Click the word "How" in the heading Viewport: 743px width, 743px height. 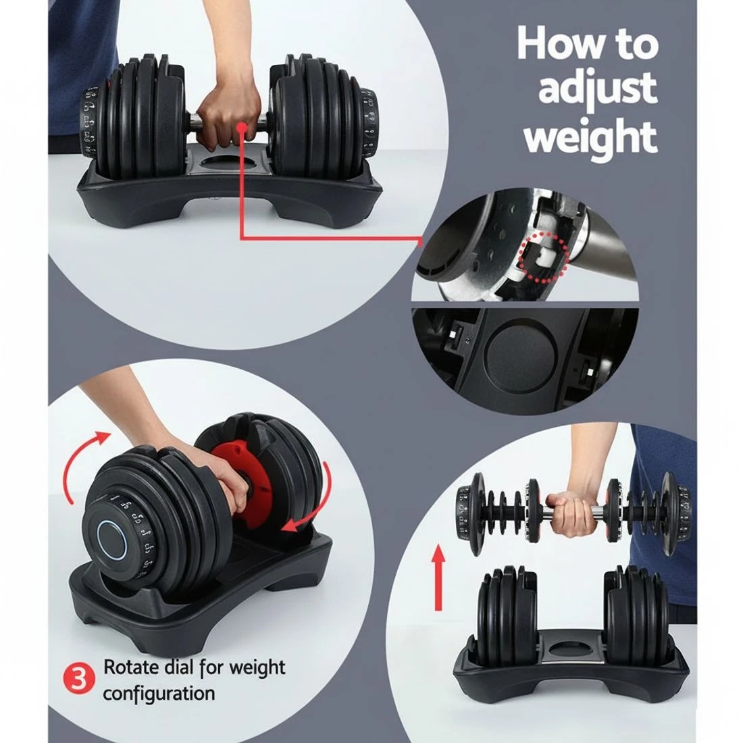[551, 43]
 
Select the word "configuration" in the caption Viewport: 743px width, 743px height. [159, 693]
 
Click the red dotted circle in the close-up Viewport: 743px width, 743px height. [544, 257]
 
